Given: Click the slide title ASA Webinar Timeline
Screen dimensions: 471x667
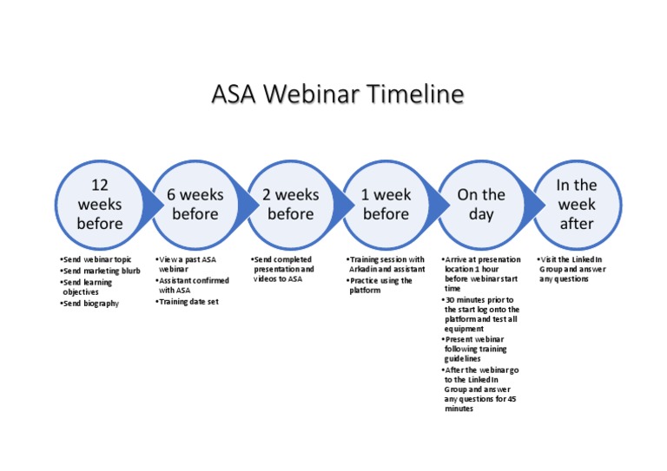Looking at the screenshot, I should tap(338, 94).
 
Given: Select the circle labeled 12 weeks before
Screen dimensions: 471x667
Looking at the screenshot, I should tap(99, 205).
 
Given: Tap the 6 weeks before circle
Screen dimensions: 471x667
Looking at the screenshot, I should tap(195, 205).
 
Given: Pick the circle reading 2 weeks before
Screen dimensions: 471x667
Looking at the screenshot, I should tap(290, 205).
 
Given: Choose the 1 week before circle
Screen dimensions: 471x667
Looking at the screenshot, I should tap(385, 205).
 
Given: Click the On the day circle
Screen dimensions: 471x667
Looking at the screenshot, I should tap(480, 205).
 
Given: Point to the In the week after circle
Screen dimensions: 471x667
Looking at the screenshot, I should tap(576, 205).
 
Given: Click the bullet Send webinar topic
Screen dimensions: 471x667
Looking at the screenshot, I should tap(96, 259).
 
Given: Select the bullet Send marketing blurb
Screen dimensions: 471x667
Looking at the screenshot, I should tap(100, 271).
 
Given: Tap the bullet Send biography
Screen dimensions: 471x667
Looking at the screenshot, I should tap(90, 304).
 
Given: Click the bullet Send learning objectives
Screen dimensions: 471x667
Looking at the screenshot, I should tap(87, 287).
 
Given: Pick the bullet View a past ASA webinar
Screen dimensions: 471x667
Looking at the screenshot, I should tap(186, 265).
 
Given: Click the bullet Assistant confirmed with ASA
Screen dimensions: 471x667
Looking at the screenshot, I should tap(192, 285).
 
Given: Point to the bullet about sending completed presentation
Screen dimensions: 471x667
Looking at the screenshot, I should tap(282, 269).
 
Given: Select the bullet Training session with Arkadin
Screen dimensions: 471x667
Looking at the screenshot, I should tap(385, 265).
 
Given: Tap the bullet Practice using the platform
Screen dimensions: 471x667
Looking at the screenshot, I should tap(380, 285).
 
